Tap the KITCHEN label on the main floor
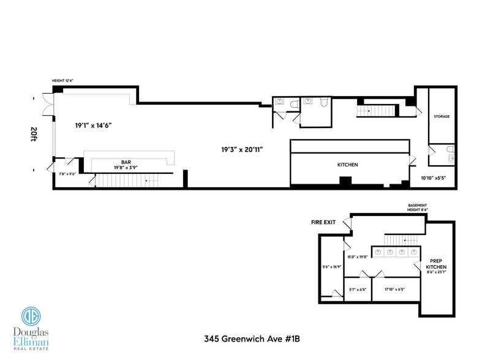point(347,165)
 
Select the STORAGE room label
point(442,116)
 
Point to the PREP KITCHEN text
point(436,264)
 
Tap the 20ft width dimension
point(34,134)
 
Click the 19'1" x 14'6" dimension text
point(93,125)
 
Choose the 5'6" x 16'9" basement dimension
point(331,267)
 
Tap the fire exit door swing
point(347,225)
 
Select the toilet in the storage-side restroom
point(449,149)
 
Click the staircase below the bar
point(122,181)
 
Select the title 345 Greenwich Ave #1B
point(252,337)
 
